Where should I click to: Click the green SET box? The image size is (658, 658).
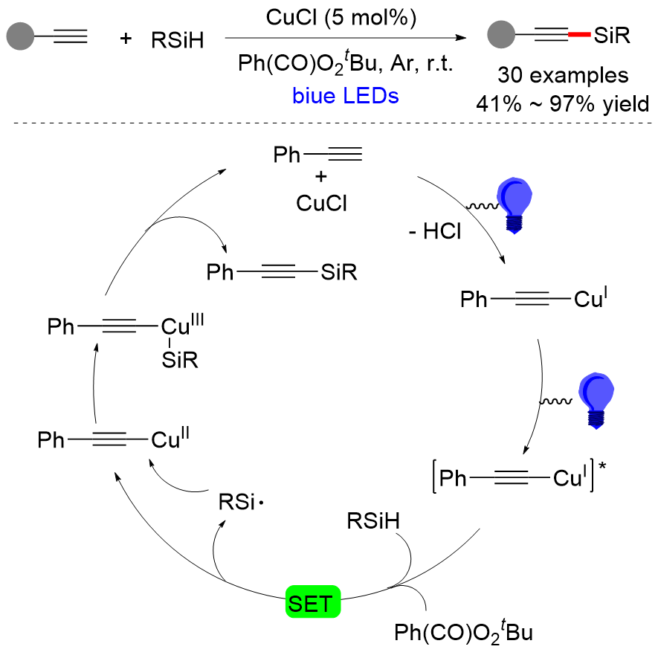tap(313, 602)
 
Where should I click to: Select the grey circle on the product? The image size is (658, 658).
tap(500, 34)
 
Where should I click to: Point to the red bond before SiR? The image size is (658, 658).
tap(578, 34)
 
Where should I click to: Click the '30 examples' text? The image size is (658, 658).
tap(564, 76)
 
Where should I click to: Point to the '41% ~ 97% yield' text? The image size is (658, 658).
tap(563, 104)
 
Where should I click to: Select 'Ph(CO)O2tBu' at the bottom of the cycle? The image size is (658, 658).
tap(465, 633)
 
